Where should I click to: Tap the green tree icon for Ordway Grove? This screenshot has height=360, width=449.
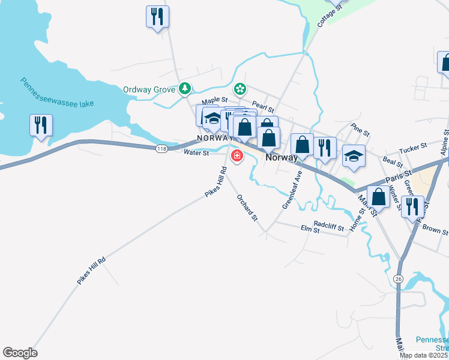tap(185, 89)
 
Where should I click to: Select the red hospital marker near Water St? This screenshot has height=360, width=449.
tap(237, 157)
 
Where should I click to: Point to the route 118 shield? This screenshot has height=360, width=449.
tap(161, 148)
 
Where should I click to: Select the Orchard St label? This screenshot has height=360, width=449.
tap(247, 207)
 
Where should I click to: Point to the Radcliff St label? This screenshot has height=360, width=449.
tap(328, 228)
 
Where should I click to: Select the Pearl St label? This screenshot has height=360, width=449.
tap(262, 107)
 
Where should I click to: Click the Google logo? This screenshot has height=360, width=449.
tap(20, 353)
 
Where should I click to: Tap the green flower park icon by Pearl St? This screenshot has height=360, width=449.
tap(240, 89)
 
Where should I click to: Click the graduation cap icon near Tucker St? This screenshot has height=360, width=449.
tap(354, 155)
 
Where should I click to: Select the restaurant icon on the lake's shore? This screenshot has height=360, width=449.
tap(41, 125)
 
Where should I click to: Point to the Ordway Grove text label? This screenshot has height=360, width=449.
tap(149, 90)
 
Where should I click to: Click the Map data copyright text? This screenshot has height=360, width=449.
tap(424, 355)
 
